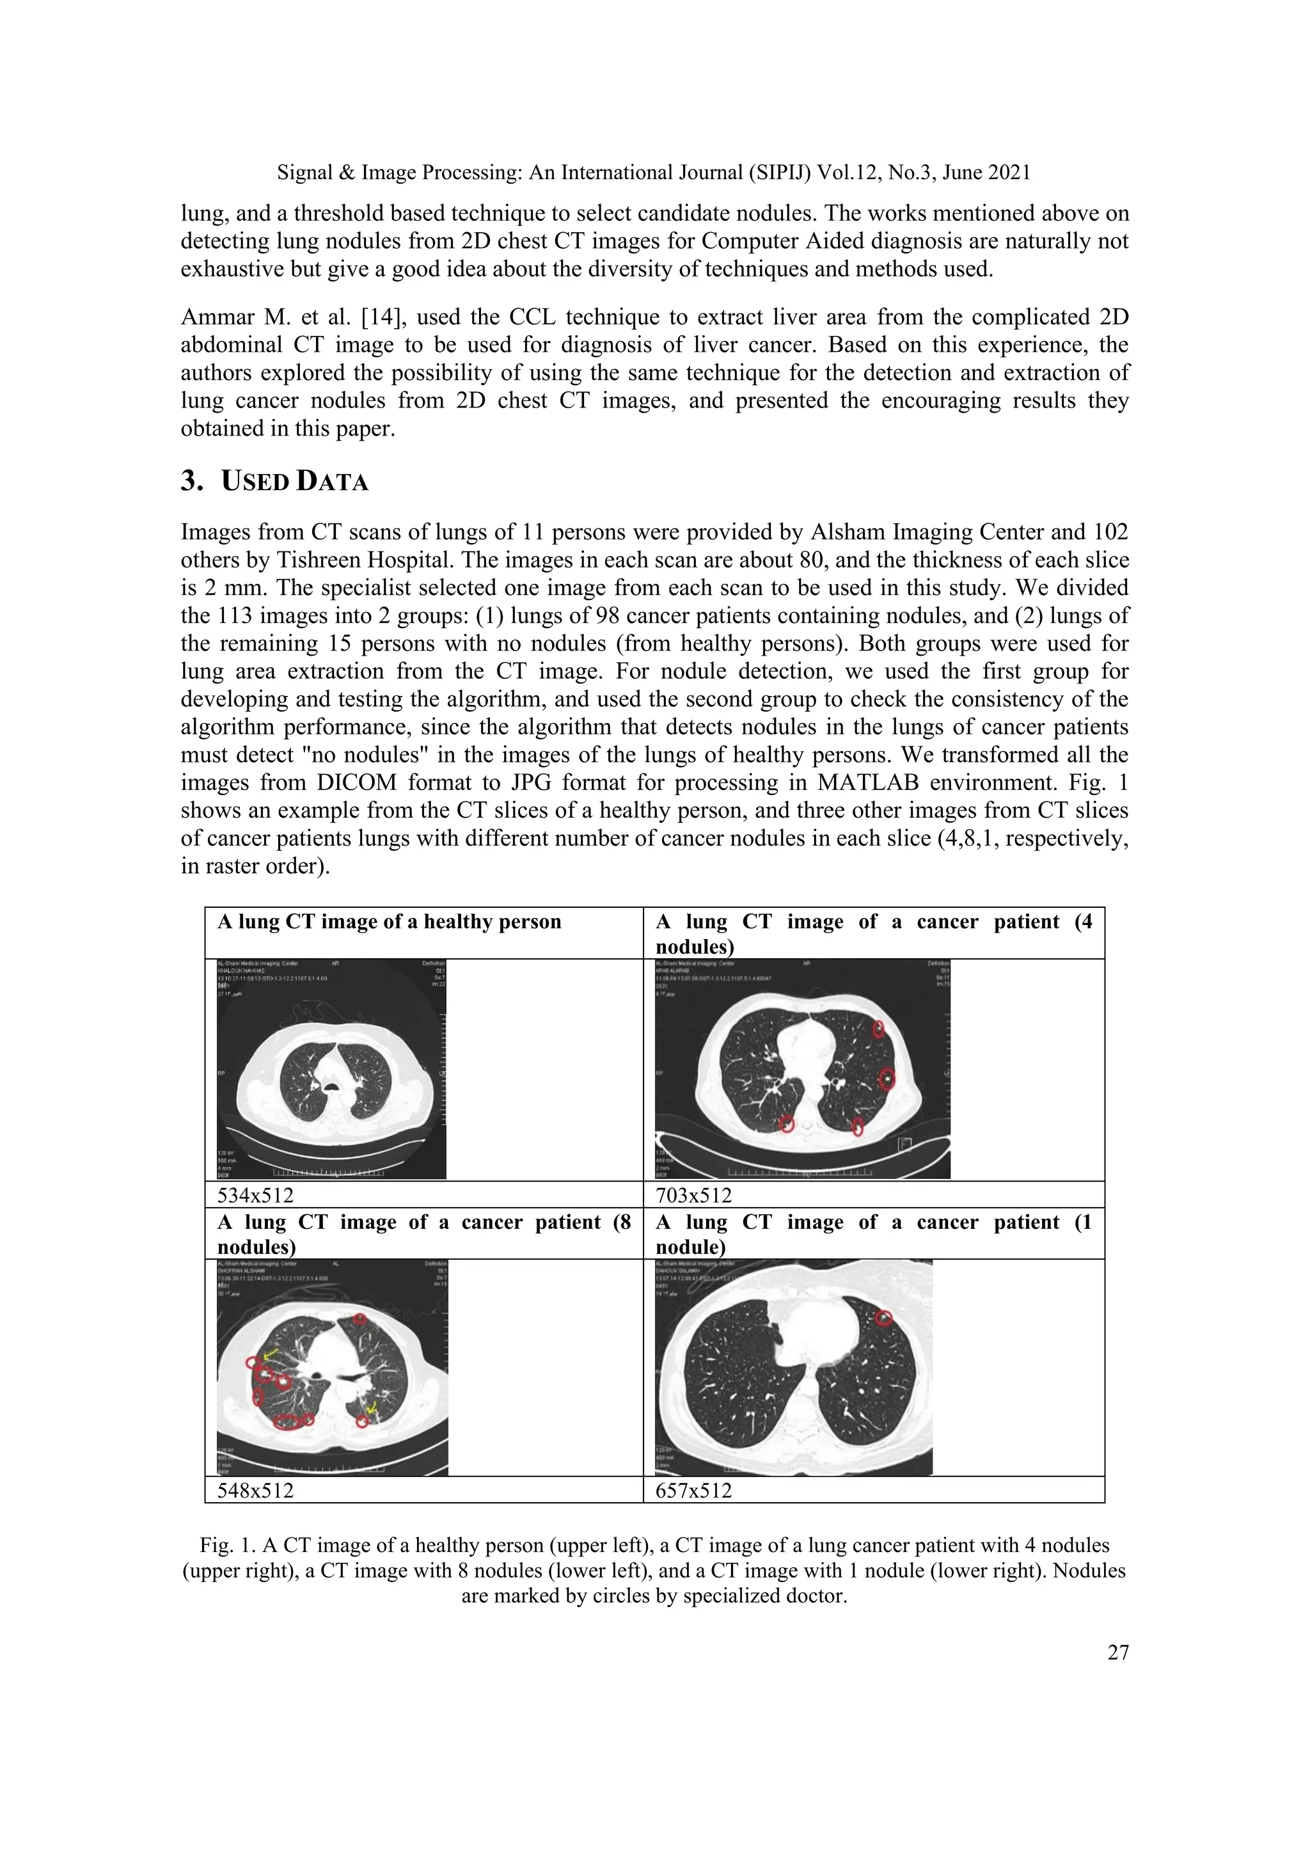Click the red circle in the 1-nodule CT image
point(884,1318)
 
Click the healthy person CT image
point(331,1069)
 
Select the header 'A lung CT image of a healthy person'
point(389,922)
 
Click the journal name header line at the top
point(653,172)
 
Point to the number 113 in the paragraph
point(235,615)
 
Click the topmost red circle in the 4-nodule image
point(878,1029)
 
